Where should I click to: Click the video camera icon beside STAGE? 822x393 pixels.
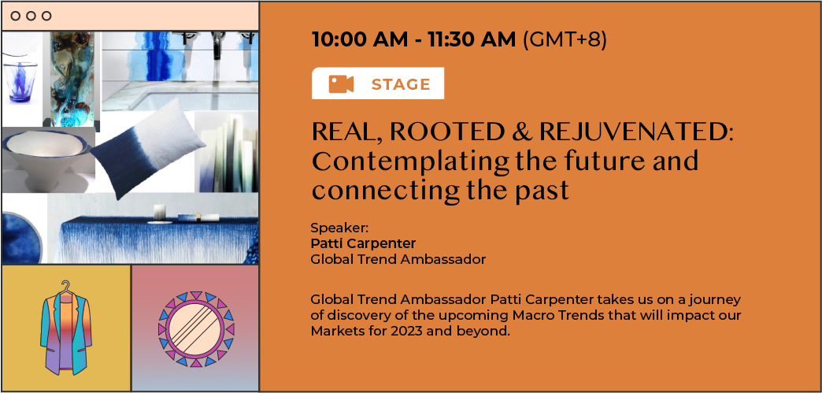341,84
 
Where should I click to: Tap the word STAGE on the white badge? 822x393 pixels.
401,84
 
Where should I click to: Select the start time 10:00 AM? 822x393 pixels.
360,39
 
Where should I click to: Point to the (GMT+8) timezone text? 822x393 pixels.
565,40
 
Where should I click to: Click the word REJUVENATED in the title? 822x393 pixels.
636,133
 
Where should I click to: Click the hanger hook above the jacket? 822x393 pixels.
65,286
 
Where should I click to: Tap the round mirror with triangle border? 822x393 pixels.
196,328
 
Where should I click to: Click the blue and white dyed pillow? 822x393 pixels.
147,148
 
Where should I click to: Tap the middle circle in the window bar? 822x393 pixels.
31,16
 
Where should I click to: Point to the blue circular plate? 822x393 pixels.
21,237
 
